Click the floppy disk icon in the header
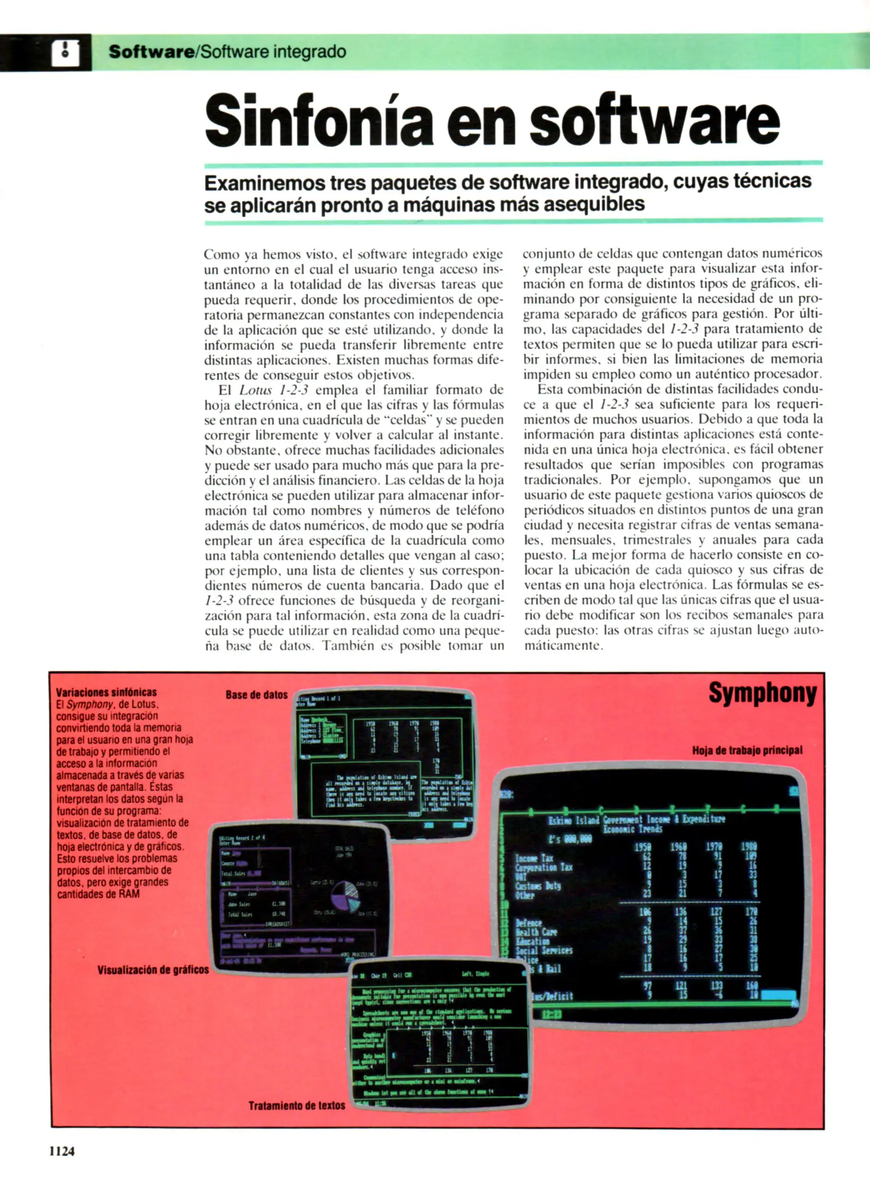coord(65,53)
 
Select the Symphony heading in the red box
coord(762,693)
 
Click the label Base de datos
coord(256,695)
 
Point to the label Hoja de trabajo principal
coord(747,750)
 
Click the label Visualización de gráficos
coord(153,970)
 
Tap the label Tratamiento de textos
coord(297,1105)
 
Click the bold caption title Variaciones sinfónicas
coord(106,693)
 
